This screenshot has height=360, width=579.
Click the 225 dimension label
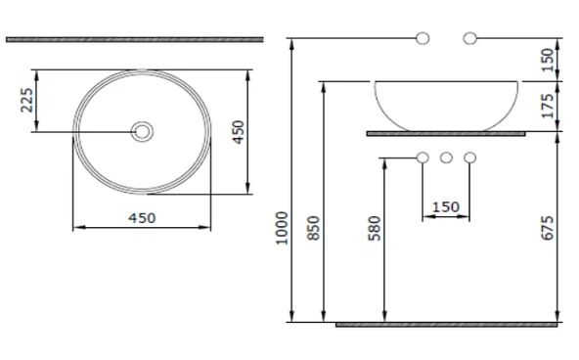click(26, 100)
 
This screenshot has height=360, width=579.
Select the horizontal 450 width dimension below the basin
click(143, 217)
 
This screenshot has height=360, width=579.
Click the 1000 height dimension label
click(282, 227)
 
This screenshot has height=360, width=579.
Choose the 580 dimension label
click(376, 227)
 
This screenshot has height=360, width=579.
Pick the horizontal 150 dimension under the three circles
click(446, 206)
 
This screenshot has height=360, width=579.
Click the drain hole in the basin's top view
click(143, 131)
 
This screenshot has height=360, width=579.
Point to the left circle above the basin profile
click(423, 38)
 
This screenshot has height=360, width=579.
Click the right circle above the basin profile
click(470, 38)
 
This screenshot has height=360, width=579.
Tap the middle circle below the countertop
click(446, 157)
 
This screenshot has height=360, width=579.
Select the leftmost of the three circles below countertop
click(423, 157)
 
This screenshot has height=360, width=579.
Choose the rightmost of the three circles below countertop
click(470, 157)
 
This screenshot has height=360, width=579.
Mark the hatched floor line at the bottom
click(446, 324)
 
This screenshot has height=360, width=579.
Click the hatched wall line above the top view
click(134, 39)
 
